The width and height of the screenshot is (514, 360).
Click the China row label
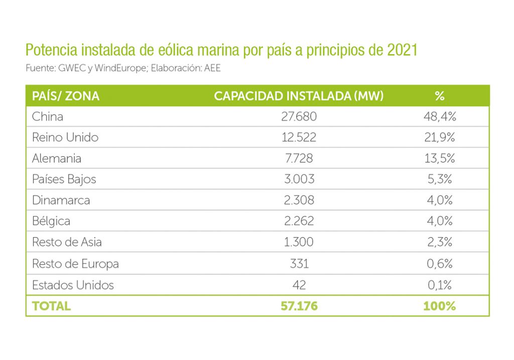[x=48, y=116]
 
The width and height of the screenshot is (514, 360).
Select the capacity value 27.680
[x=299, y=116]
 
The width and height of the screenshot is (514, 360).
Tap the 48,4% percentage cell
[x=439, y=116]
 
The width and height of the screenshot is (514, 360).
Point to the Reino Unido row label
[x=65, y=138]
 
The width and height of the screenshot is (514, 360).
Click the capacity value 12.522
[x=299, y=138]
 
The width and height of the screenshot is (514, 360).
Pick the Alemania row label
[x=57, y=159]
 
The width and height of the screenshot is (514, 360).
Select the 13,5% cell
[x=439, y=159]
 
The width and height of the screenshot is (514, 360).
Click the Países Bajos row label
[x=64, y=179]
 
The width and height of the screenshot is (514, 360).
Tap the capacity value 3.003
[x=299, y=179]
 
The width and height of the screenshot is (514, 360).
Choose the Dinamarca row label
[x=61, y=200]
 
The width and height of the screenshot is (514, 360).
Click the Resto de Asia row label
[x=67, y=242]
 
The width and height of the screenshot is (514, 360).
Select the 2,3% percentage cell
[x=439, y=242]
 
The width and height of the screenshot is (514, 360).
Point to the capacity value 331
[x=299, y=264]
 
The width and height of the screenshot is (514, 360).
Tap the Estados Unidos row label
[x=73, y=285]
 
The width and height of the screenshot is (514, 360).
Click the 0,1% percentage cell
[x=439, y=285]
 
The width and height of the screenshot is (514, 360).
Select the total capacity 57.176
[x=299, y=306]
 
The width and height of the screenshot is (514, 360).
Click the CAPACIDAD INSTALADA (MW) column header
[x=299, y=96]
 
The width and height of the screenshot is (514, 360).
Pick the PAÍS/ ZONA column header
[x=66, y=96]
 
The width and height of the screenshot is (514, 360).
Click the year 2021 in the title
[x=402, y=51]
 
